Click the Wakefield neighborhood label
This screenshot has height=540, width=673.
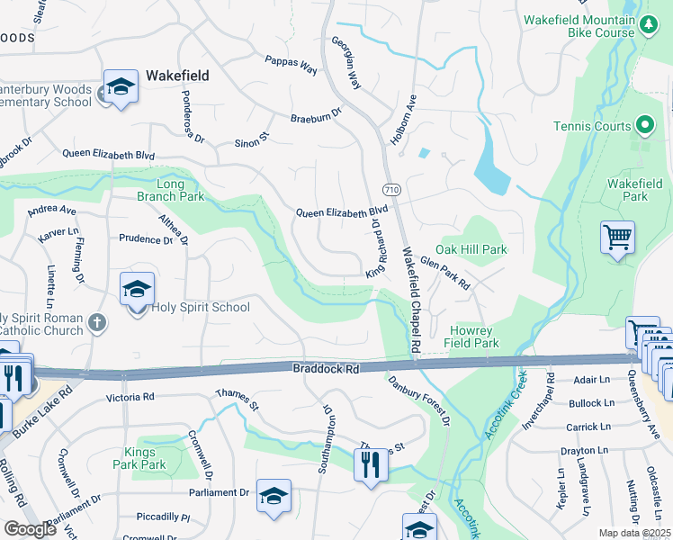point(177,76)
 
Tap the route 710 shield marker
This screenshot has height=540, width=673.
point(390,190)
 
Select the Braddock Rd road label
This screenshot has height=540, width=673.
point(326,369)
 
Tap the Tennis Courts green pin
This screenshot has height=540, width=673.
point(644,125)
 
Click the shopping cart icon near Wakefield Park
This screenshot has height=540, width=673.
point(617,238)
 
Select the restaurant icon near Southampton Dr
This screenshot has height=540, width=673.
point(370,465)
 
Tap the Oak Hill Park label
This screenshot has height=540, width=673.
point(471,249)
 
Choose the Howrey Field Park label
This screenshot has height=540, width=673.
point(471,336)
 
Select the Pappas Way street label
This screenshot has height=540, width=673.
point(291,64)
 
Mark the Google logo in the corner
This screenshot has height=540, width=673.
point(30,529)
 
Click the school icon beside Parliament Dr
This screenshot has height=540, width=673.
point(274,496)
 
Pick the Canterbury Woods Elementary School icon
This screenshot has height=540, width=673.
point(121,87)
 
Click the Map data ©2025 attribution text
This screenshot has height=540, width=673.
point(635,533)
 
